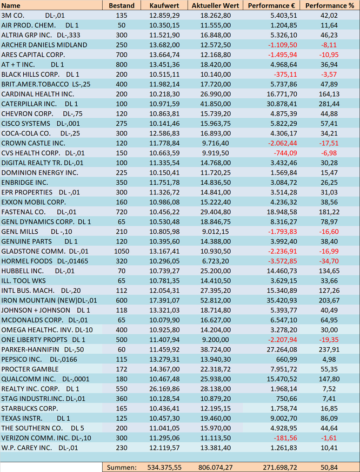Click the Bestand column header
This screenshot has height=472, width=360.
pos(122,5)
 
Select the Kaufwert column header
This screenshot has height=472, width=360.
pos(160,5)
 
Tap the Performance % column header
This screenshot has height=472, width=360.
pos(330,5)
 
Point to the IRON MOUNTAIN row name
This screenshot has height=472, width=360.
pos(49,300)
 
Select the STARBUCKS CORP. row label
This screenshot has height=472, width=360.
pos(30,408)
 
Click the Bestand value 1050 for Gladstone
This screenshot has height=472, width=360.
pos(122,251)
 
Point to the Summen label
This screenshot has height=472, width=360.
pos(122,467)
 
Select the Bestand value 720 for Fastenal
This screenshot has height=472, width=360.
pos(122,212)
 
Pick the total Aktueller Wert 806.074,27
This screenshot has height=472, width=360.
pos(212,467)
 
